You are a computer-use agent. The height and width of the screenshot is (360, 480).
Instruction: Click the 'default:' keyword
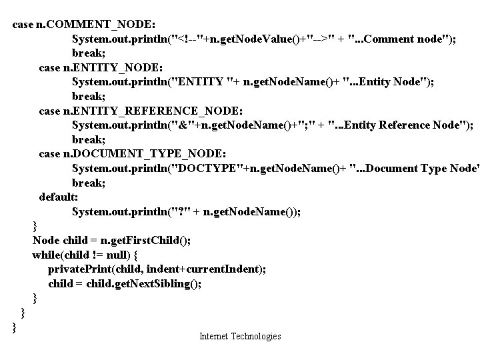[59, 197]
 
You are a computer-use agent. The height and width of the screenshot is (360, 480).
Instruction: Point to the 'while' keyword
[46, 255]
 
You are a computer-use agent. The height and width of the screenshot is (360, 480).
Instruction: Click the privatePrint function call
[80, 269]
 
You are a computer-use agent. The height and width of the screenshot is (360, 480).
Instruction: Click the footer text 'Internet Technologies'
[240, 337]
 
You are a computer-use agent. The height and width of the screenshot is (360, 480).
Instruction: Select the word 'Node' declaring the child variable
[46, 241]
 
